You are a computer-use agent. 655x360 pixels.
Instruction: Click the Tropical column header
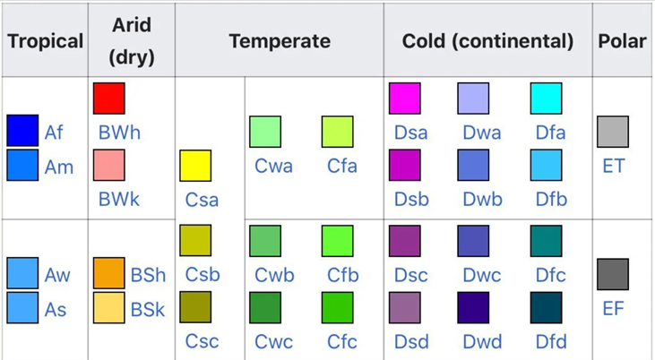pyautogui.click(x=45, y=41)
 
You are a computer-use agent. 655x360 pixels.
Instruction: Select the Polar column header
pyautogui.click(x=623, y=41)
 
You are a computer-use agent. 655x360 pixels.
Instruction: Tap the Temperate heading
pyautogui.click(x=280, y=41)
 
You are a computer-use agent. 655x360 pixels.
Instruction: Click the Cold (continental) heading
pyautogui.click(x=488, y=41)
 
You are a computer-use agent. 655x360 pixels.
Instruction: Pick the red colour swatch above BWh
pyautogui.click(x=108, y=99)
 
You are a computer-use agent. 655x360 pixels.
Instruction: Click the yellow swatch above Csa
pyautogui.click(x=195, y=167)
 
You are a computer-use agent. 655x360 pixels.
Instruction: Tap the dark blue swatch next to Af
pyautogui.click(x=22, y=131)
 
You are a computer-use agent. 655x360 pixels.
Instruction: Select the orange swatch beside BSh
pyautogui.click(x=108, y=273)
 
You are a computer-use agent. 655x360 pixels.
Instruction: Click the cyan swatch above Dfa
pyautogui.click(x=546, y=99)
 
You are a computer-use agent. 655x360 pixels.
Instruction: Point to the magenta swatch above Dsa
pyautogui.click(x=404, y=99)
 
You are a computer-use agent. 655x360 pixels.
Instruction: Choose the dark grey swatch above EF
pyautogui.click(x=613, y=274)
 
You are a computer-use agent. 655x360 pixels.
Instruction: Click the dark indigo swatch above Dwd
pyautogui.click(x=474, y=307)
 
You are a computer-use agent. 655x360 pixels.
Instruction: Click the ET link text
pyautogui.click(x=614, y=166)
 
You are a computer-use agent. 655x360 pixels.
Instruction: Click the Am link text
pyautogui.click(x=59, y=167)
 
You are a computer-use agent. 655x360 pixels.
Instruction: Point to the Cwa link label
pyautogui.click(x=273, y=167)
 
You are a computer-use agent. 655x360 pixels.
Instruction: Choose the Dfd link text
pyautogui.click(x=551, y=341)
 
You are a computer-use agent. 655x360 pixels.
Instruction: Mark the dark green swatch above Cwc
pyautogui.click(x=265, y=307)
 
